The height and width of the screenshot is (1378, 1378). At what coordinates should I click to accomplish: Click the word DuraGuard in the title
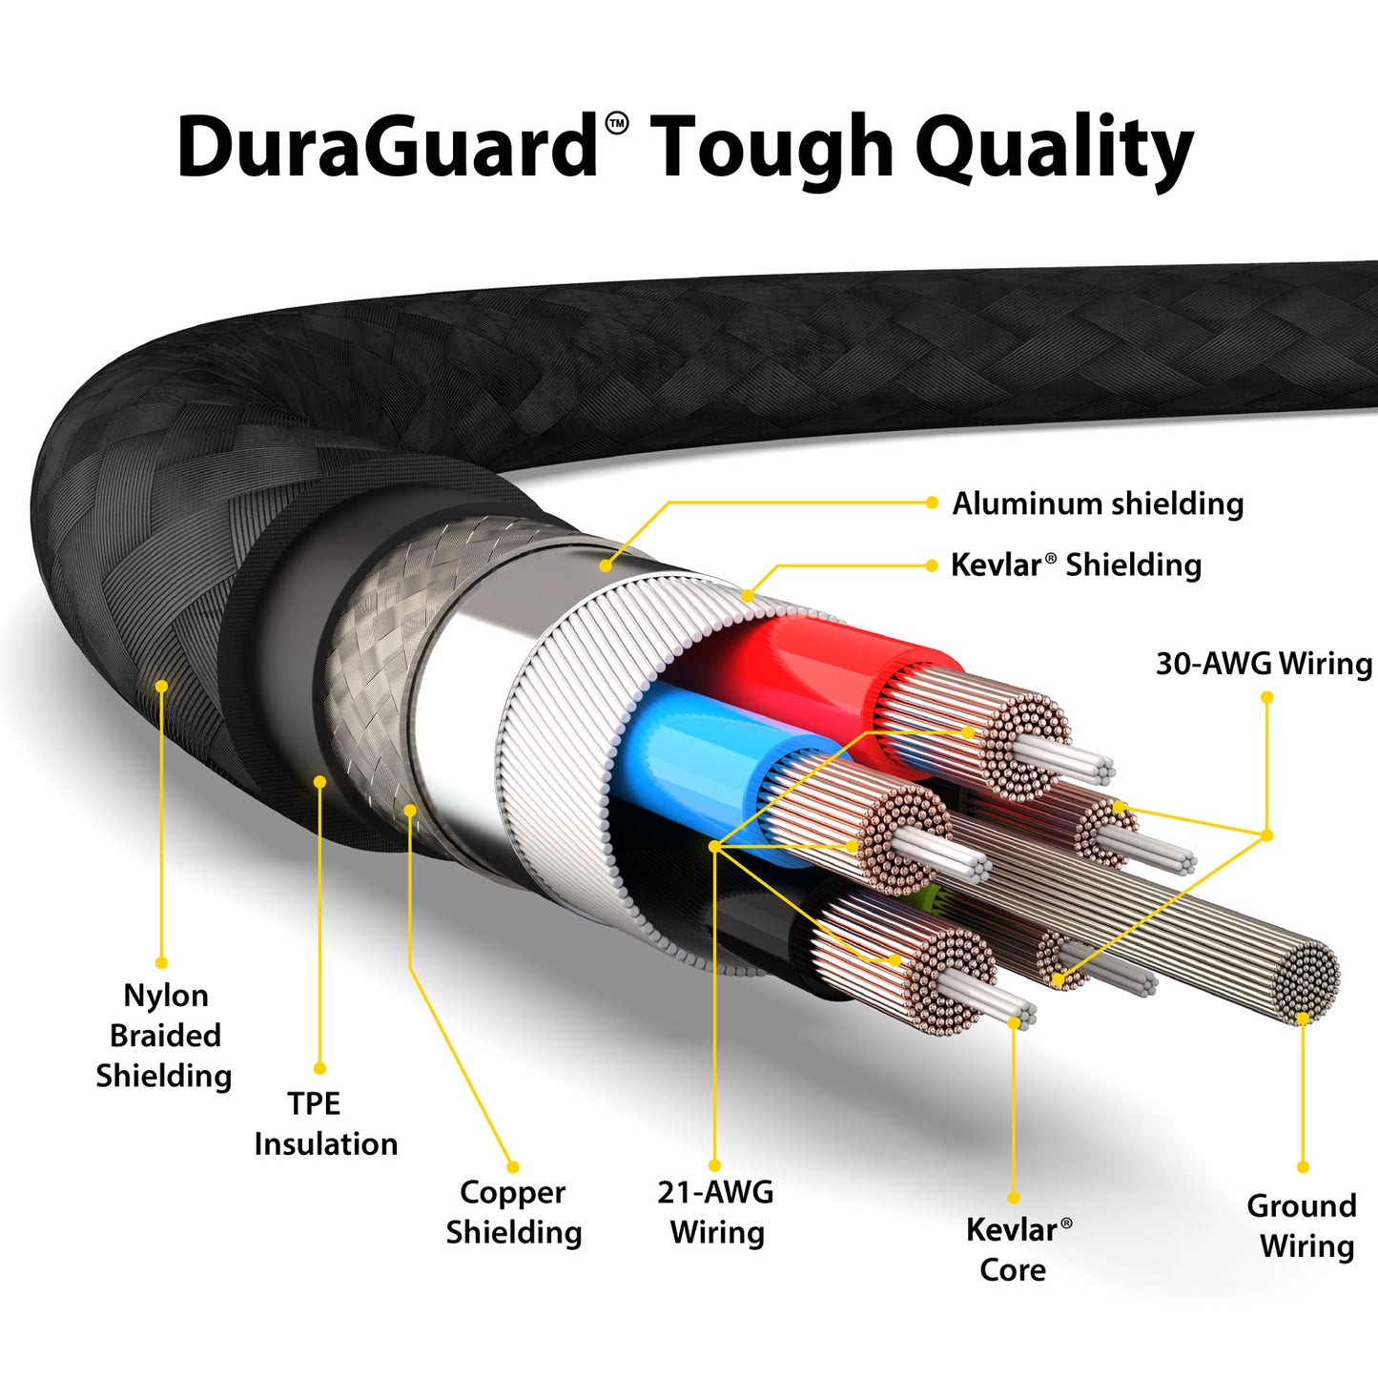tap(386, 147)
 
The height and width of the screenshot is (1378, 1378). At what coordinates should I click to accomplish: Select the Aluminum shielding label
tap(1098, 504)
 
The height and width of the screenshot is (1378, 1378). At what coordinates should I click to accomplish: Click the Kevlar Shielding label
tap(1076, 565)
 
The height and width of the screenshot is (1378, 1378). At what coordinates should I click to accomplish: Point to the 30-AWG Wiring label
tap(1264, 664)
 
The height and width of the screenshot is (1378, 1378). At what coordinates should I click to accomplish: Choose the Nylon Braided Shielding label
tap(164, 1036)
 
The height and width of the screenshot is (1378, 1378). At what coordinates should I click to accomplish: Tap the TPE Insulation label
tap(325, 1123)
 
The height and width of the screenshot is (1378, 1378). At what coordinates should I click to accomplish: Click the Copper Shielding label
tap(514, 1212)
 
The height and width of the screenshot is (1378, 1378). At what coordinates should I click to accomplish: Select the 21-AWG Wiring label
tap(716, 1212)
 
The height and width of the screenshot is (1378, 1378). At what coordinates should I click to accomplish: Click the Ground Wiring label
tap(1303, 1226)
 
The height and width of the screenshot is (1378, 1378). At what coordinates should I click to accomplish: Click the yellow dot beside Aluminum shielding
tap(932, 503)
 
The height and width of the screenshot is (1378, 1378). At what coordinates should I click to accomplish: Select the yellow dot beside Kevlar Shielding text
tap(932, 566)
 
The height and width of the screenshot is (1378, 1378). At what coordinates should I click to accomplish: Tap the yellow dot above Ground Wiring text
tap(1303, 1167)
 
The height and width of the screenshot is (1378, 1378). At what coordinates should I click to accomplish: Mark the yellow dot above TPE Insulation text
tap(319, 1069)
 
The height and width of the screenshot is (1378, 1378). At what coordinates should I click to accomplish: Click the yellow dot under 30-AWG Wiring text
tap(1267, 697)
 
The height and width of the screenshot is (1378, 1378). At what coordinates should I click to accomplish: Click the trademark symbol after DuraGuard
tap(617, 123)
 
